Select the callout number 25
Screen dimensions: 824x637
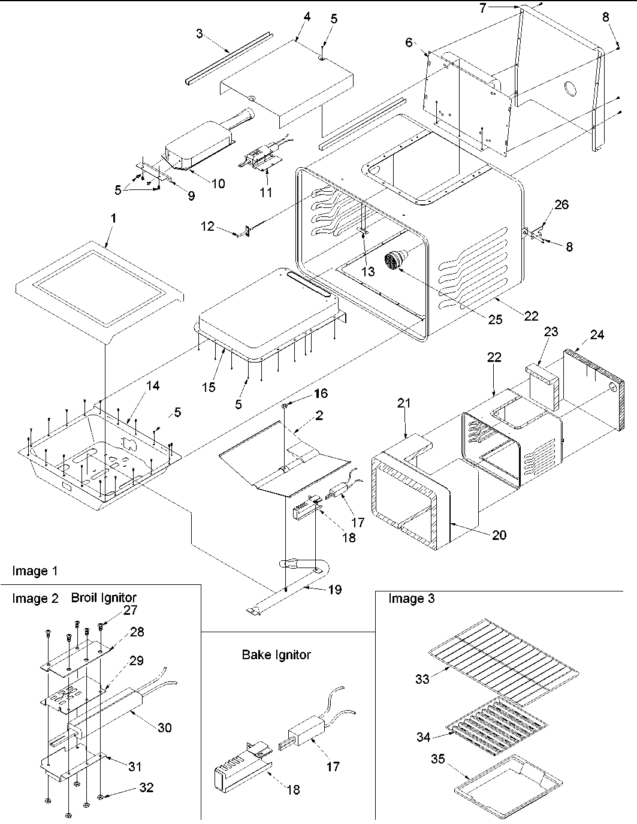coord(494,319)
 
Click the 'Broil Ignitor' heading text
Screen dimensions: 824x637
coord(104,597)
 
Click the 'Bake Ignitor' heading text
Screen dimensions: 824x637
coord(276,654)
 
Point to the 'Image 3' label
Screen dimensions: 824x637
coord(411,598)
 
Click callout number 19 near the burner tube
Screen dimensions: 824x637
coord(334,590)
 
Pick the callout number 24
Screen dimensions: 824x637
coord(597,335)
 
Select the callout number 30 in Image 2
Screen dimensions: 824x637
coord(164,727)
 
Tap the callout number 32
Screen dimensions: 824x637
coord(146,787)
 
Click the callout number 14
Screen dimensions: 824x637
coord(153,386)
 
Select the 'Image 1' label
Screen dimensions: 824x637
coord(35,571)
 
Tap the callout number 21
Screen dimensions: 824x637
coord(404,403)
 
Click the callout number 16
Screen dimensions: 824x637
coord(321,393)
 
